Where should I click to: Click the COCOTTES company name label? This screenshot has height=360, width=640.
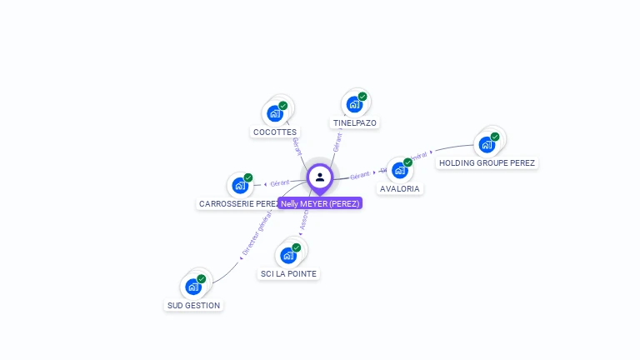pos(274,132)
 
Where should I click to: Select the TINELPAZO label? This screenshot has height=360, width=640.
pos(355,122)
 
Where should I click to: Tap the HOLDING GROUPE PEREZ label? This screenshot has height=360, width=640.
pos(487,162)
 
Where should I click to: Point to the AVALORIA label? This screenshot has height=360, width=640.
pos(400,188)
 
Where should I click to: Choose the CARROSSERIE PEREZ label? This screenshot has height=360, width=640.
pos(238,203)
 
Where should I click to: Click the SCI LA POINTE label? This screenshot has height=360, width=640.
pos(288,273)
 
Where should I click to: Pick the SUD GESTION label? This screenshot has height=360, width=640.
pos(193,305)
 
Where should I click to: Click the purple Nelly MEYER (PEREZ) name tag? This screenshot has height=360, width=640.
pos(320,203)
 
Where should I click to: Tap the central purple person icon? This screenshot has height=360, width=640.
pos(320,177)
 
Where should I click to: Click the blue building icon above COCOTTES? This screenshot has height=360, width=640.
pos(274,113)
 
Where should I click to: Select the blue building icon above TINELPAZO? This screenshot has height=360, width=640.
pos(354,104)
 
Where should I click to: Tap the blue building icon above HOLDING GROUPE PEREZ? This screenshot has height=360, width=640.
pos(487,144)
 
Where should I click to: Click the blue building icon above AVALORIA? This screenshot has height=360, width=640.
pos(400,170)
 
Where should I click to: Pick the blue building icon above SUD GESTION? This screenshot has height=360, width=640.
pos(193,287)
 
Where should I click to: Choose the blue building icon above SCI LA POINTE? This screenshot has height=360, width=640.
pos(288,255)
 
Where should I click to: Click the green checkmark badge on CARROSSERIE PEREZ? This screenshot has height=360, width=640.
pos(248,177)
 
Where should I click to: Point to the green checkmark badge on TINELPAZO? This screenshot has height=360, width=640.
pos(362,97)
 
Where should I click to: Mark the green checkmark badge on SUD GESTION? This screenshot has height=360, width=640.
pos(202,279)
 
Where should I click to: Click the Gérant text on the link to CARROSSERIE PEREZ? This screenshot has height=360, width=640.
pos(280,182)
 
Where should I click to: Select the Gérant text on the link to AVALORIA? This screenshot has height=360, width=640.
pos(360,175)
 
